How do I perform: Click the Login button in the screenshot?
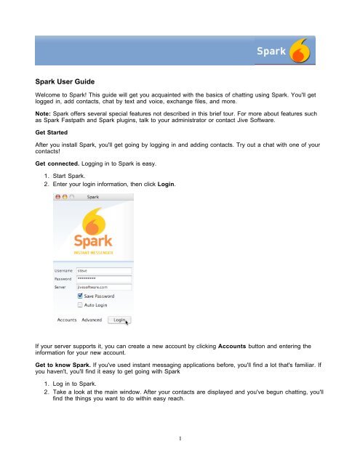coord(119,319)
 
